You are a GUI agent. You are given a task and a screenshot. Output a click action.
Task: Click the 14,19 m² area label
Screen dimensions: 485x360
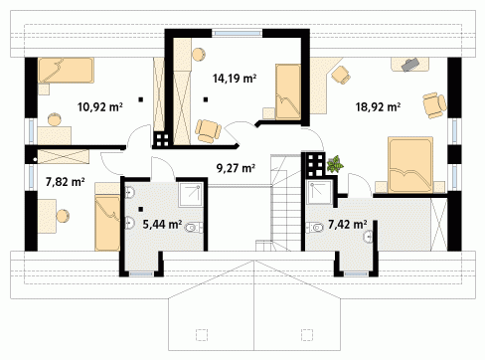235,79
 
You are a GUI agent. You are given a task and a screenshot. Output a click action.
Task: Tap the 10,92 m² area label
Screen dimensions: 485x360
100,107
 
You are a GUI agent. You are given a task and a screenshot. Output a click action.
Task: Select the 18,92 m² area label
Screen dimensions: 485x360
378,107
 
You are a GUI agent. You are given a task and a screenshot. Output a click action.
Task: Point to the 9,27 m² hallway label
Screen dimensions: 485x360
236,168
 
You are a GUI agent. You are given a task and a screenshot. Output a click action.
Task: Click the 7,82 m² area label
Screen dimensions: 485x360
66,182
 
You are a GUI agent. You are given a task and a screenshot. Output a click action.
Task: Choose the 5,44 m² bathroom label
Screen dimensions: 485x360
162,225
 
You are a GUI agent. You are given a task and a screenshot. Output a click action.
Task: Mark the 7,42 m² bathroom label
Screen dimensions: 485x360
347,225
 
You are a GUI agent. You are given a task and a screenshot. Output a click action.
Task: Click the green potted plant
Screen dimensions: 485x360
335,164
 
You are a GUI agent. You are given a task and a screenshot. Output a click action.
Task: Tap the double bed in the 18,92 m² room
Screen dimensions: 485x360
410,165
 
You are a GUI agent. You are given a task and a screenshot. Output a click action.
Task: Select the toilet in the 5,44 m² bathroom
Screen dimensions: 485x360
194,228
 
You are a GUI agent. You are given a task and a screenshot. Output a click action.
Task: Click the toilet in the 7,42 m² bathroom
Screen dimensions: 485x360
315,228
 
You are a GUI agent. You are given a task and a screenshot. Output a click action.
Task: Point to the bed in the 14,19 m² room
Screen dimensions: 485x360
288,91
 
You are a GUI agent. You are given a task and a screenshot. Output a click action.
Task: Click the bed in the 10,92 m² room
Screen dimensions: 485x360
66,71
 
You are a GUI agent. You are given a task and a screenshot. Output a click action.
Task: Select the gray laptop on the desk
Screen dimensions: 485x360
410,65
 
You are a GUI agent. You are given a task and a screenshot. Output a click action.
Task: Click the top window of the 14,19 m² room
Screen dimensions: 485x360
237,33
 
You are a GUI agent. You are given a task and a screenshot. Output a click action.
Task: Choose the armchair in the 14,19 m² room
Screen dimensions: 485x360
208,131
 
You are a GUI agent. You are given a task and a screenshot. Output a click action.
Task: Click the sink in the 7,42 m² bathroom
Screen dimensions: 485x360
369,236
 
